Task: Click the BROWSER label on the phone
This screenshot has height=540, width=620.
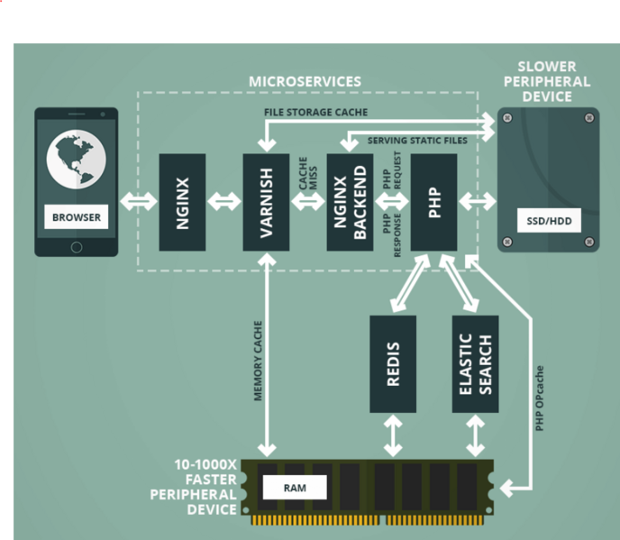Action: [77, 217]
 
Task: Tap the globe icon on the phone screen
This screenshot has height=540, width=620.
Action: [77, 160]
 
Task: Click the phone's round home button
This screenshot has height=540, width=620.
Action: [77, 246]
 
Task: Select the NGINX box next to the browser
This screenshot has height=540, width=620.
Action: [182, 202]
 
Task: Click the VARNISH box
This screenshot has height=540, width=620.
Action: [266, 202]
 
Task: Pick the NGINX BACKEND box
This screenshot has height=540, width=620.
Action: [350, 202]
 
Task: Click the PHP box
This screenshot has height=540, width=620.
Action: [433, 202]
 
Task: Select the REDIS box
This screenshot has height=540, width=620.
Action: [393, 363]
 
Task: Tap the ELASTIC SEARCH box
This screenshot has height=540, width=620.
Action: [475, 363]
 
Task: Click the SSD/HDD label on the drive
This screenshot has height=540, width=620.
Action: [548, 219]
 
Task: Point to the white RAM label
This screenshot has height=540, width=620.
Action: [295, 487]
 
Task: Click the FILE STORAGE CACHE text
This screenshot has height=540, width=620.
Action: [315, 113]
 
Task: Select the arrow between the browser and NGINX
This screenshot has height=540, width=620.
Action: [139, 202]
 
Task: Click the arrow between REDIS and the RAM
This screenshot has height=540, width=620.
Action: [393, 435]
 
